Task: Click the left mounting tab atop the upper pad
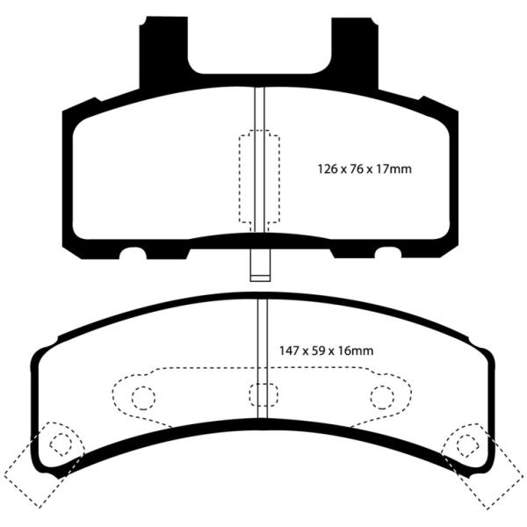point(165,48)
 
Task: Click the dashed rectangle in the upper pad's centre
point(259,179)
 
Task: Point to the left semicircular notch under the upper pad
point(134,255)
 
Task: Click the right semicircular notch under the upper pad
point(386,255)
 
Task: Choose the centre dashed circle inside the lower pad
point(259,396)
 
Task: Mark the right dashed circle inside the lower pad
point(380,398)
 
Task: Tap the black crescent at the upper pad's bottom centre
point(259,240)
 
